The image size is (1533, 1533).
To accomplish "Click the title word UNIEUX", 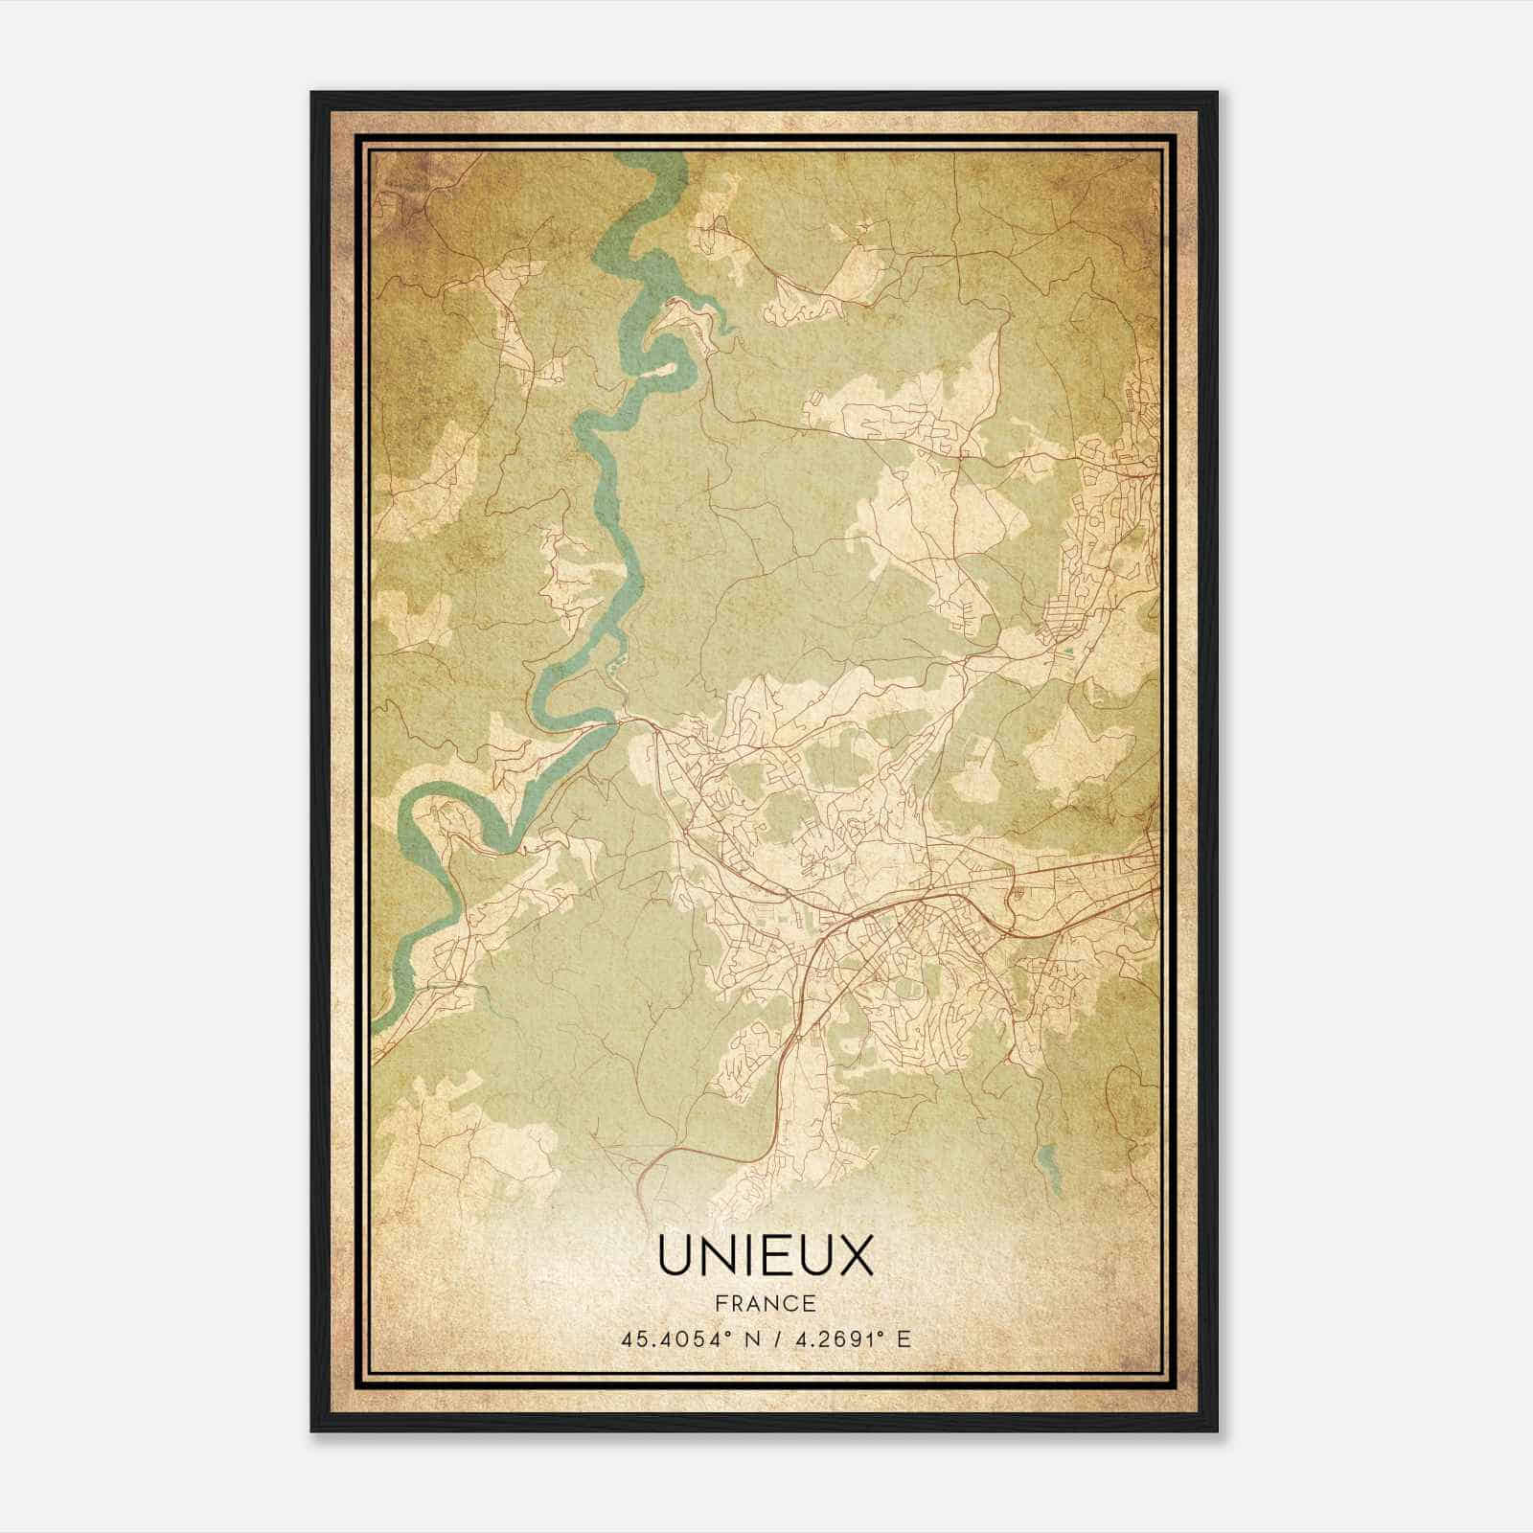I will point(766,1256).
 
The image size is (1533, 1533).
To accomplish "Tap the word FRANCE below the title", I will point(766,1304).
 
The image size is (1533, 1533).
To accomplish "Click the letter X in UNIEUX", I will point(856,1256).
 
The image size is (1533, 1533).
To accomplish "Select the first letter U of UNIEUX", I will point(676,1256).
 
